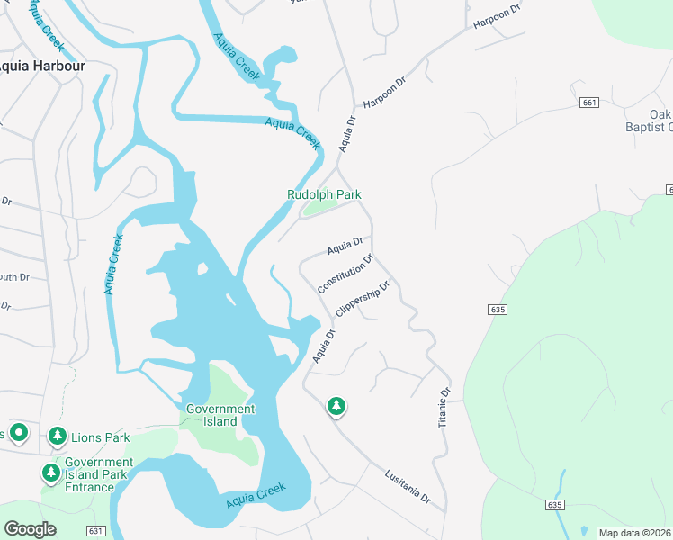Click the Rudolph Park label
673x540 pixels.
pyautogui.click(x=324, y=194)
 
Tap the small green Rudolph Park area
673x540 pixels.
pyautogui.click(x=317, y=209)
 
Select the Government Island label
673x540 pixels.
pyautogui.click(x=220, y=415)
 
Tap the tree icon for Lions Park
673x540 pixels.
pyautogui.click(x=58, y=437)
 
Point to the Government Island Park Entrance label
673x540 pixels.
pyautogui.click(x=99, y=474)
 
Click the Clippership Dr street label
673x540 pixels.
pyautogui.click(x=363, y=300)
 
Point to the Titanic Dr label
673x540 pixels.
pyautogui.click(x=444, y=408)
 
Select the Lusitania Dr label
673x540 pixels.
pyautogui.click(x=408, y=486)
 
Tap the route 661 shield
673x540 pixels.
pyautogui.click(x=589, y=103)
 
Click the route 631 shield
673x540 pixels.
pyautogui.click(x=96, y=531)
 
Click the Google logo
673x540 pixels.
pyautogui.click(x=31, y=529)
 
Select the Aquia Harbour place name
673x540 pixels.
pyautogui.click(x=41, y=66)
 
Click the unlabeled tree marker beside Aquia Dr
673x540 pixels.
pyautogui.click(x=336, y=407)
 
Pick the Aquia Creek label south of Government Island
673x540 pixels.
pyautogui.click(x=256, y=493)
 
